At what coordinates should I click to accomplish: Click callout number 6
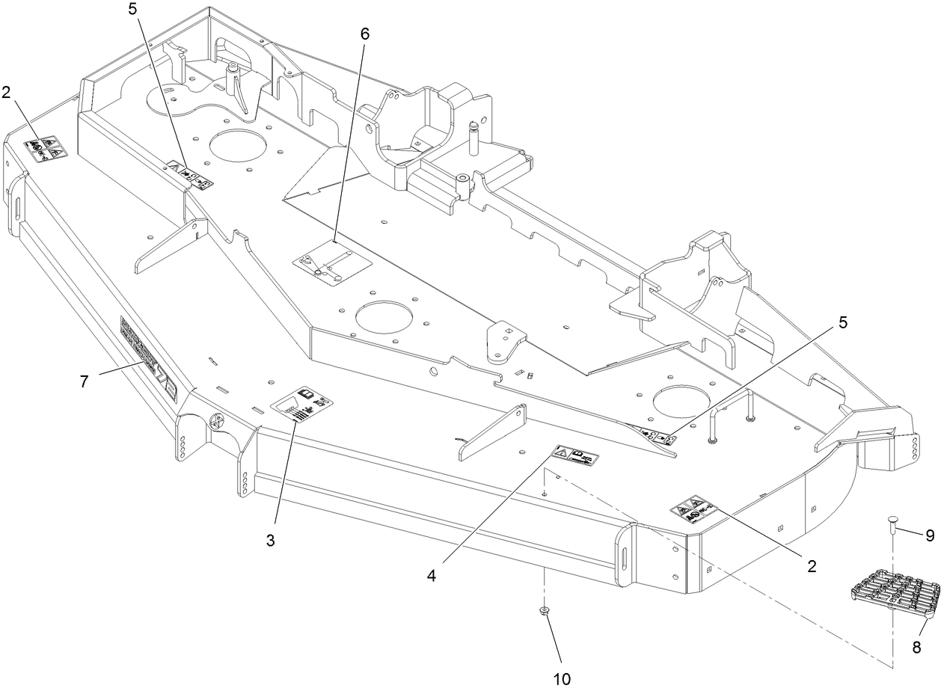[364, 34]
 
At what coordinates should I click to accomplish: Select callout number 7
[85, 381]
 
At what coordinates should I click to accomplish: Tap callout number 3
[271, 540]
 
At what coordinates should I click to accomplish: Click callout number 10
[562, 678]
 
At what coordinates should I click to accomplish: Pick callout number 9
[930, 535]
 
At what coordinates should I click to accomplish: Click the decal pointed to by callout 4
[577, 455]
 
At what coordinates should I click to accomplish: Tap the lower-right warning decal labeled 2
[693, 512]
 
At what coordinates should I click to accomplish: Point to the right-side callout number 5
[843, 322]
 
